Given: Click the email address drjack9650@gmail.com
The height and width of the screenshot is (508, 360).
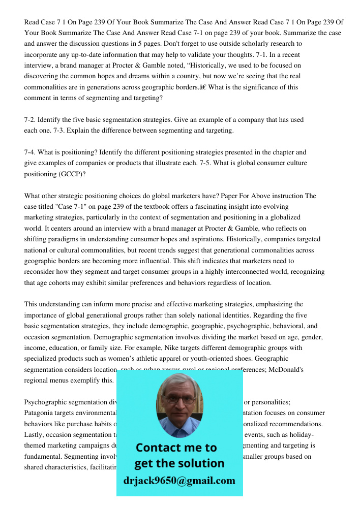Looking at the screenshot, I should [x=179, y=481].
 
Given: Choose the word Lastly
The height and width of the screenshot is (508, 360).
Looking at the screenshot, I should [x=36, y=435].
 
